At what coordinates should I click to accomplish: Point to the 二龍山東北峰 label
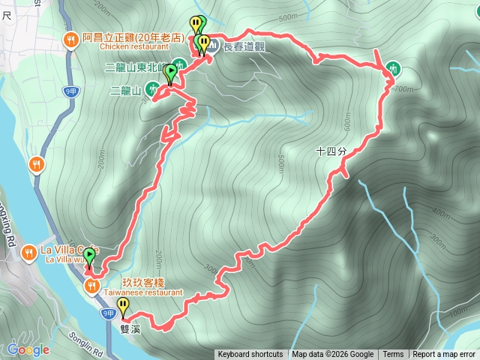click(139, 67)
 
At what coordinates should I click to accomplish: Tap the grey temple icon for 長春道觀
click(214, 46)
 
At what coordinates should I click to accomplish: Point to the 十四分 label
click(331, 151)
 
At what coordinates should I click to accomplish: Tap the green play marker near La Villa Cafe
click(89, 257)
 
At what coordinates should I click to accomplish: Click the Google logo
click(28, 349)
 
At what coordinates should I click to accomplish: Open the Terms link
click(393, 355)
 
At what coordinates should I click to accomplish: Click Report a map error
click(444, 355)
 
